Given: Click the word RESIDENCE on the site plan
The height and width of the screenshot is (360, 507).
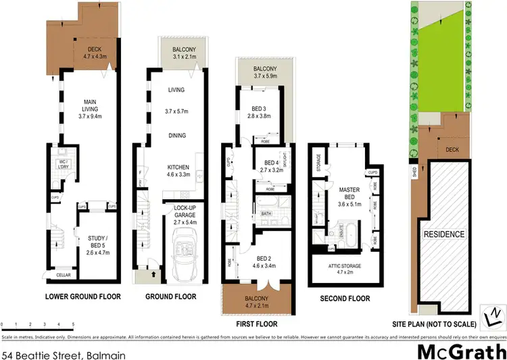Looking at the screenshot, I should click(x=444, y=234).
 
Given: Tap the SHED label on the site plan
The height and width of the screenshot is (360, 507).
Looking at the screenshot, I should click(x=414, y=173).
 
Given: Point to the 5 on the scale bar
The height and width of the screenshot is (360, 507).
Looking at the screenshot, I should click(x=73, y=325).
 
